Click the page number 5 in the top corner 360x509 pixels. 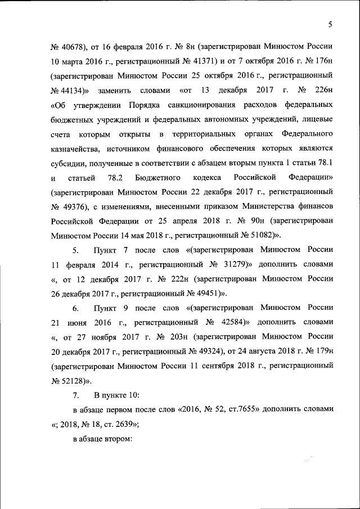[331, 24]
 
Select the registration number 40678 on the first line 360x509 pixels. [72, 46]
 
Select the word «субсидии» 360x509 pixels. [67, 163]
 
